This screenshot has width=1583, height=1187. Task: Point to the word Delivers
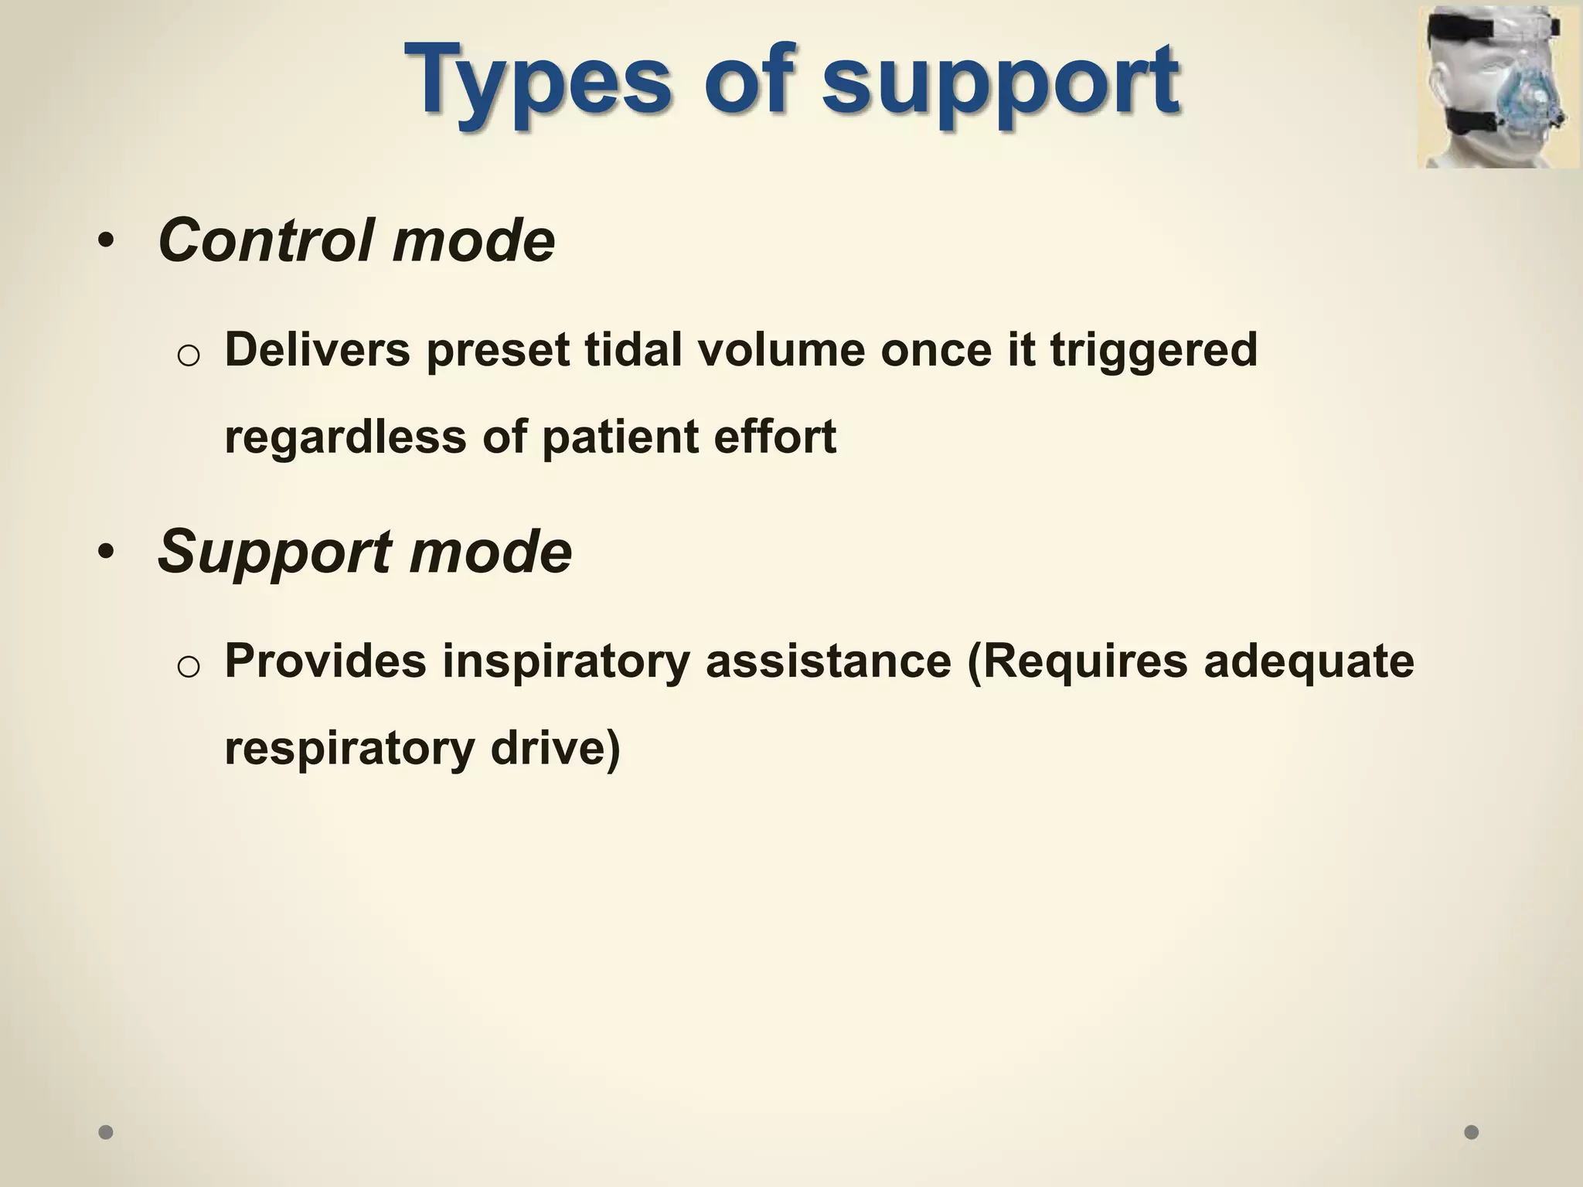tap(317, 350)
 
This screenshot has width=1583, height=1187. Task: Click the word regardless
tap(346, 437)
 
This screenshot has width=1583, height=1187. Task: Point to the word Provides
tap(325, 662)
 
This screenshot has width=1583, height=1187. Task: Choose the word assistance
tap(828, 662)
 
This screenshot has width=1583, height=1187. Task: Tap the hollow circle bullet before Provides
tap(189, 666)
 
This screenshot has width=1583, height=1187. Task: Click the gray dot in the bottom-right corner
tap(1472, 1132)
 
